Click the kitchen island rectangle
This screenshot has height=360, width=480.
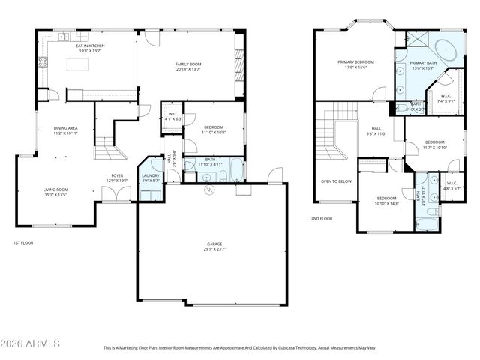(x=78, y=64)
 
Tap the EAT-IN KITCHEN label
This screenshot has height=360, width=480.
(x=89, y=47)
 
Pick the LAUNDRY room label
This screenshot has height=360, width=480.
(x=151, y=177)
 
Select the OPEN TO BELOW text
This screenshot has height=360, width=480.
(x=337, y=181)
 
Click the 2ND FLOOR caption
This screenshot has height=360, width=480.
(x=321, y=218)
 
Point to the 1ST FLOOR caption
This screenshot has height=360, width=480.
(x=23, y=242)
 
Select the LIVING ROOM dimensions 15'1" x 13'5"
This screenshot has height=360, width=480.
(x=55, y=194)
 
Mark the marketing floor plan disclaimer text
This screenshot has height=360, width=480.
(x=239, y=348)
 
